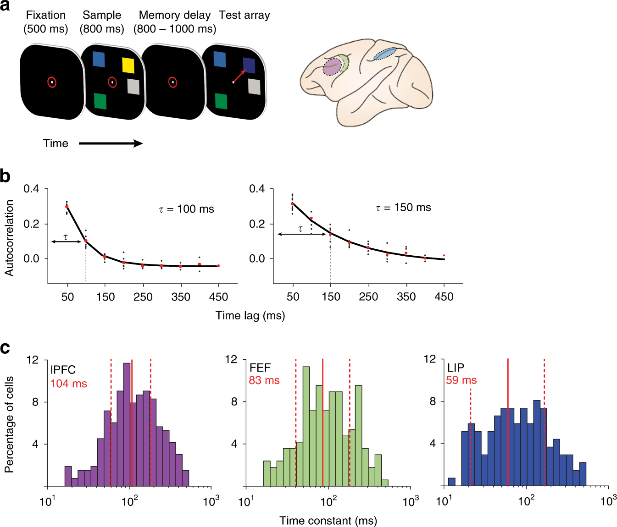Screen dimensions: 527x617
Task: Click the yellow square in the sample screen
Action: point(128,65)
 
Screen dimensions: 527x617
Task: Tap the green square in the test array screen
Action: point(221,101)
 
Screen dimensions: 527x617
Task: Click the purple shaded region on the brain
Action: point(331,67)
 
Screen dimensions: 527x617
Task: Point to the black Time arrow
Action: point(111,143)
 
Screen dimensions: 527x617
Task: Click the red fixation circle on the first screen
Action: point(52,82)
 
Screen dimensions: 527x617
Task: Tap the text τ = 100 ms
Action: point(187,209)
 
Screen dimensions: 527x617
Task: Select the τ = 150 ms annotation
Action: point(404,208)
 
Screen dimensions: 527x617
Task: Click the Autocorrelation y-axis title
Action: point(9,238)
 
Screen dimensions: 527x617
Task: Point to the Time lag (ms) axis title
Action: point(250,316)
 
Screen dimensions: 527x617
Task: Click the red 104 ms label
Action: point(68,384)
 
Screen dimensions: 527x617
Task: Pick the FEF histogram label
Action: point(260,368)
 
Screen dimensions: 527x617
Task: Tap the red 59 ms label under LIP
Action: point(461,380)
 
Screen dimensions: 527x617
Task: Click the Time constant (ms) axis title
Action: point(328,521)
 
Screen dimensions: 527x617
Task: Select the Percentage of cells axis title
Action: point(9,424)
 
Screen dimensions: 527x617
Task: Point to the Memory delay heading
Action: point(175,15)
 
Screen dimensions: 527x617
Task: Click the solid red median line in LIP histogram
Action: point(508,422)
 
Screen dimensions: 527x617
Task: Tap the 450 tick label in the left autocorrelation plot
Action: point(218,297)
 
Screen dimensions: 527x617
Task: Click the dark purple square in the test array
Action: point(249,65)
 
